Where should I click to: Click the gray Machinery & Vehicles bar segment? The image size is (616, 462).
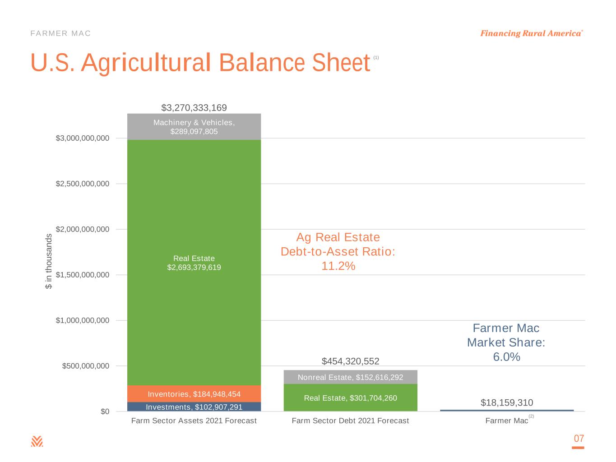[194, 127]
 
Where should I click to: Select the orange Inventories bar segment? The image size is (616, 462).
[194, 394]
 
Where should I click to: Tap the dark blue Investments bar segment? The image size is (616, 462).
[194, 407]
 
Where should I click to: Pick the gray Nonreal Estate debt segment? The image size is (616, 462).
[350, 377]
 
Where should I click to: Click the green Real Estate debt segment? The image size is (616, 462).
[350, 398]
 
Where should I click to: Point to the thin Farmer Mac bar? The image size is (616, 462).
[507, 410]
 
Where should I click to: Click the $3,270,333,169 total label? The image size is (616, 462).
[194, 108]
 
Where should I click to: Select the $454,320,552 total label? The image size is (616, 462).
[350, 361]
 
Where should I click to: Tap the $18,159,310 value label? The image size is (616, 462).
[507, 402]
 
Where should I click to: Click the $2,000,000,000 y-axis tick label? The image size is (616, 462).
[83, 229]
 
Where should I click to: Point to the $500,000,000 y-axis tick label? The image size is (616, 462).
[86, 366]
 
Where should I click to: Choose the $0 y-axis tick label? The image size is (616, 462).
[105, 411]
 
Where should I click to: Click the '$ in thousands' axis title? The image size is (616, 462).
[49, 262]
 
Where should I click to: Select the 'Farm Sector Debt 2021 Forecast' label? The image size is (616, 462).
[350, 420]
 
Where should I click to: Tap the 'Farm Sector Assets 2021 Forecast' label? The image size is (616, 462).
[194, 420]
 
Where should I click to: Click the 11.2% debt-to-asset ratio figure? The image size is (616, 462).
[338, 266]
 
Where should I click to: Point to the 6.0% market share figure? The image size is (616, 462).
[506, 357]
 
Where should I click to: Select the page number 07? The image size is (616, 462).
[579, 439]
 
